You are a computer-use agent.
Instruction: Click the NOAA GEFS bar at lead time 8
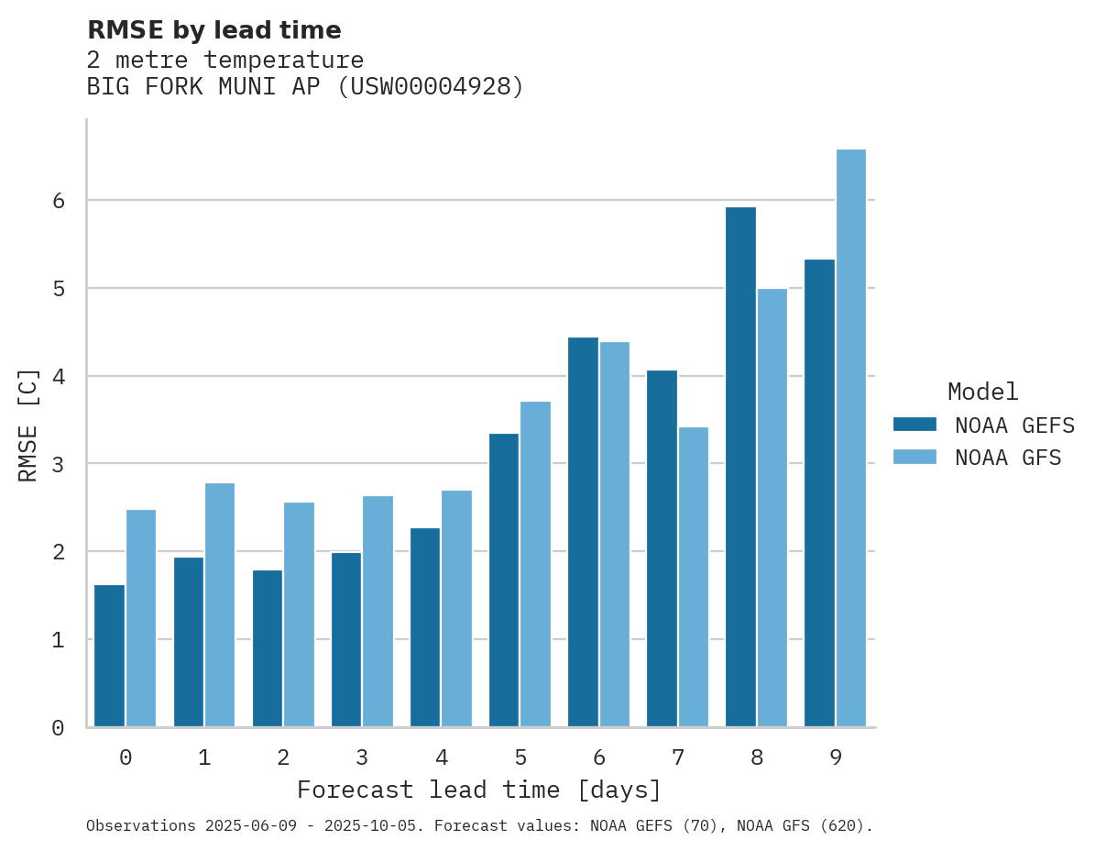(740, 467)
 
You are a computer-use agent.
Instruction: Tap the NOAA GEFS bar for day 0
(110, 656)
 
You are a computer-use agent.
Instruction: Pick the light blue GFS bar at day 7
(694, 577)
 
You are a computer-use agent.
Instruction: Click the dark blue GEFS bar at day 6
(583, 532)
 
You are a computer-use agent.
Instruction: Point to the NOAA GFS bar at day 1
(220, 605)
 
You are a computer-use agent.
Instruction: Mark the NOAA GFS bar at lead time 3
(378, 612)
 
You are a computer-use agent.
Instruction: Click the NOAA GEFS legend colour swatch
(914, 425)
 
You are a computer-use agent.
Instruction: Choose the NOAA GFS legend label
(1008, 458)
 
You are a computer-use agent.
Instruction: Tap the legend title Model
(982, 392)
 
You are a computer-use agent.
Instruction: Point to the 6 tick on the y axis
(58, 201)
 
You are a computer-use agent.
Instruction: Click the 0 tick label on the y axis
(58, 728)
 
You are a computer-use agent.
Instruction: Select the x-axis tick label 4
(442, 758)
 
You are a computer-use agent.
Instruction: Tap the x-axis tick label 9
(836, 758)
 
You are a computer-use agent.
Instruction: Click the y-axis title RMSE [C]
(29, 425)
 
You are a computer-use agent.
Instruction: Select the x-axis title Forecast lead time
(479, 790)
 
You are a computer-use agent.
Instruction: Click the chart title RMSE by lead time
(214, 31)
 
